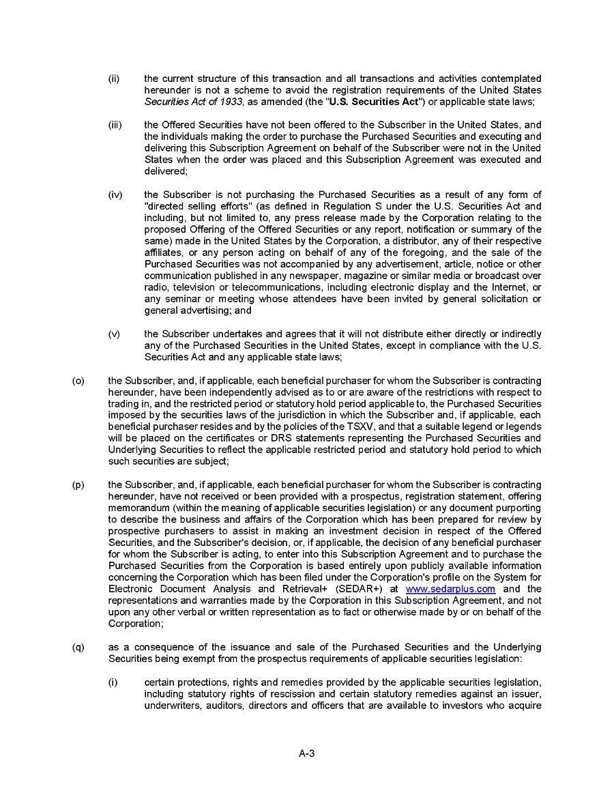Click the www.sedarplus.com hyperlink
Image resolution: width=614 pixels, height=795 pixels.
(x=450, y=589)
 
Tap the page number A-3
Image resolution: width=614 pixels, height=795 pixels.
(x=306, y=753)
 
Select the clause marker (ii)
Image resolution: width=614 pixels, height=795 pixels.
(x=114, y=78)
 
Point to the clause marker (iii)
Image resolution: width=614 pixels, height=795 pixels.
(x=115, y=125)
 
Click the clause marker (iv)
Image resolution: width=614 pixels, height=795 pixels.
(x=115, y=194)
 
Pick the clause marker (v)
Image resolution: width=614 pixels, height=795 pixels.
(x=114, y=334)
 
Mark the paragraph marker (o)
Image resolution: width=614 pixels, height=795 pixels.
(x=78, y=380)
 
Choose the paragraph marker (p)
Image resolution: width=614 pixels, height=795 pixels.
(x=78, y=485)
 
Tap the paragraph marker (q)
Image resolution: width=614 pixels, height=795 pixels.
(x=78, y=647)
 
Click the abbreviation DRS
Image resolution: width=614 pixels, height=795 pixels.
(x=263, y=438)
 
